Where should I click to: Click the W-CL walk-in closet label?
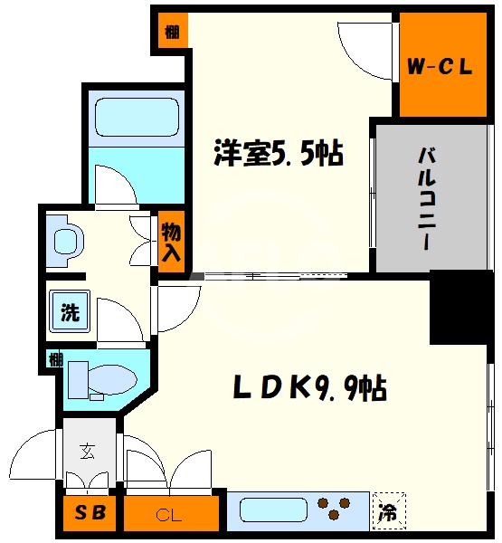click(x=440, y=65)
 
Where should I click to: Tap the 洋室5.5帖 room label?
click(x=277, y=155)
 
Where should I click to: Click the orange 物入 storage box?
click(x=170, y=243)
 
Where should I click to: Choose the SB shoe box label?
click(x=90, y=515)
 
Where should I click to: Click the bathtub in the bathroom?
click(x=135, y=119)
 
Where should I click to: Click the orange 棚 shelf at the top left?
click(x=171, y=32)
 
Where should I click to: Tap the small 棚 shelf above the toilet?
click(x=55, y=359)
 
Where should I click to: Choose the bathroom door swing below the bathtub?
click(x=116, y=186)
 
